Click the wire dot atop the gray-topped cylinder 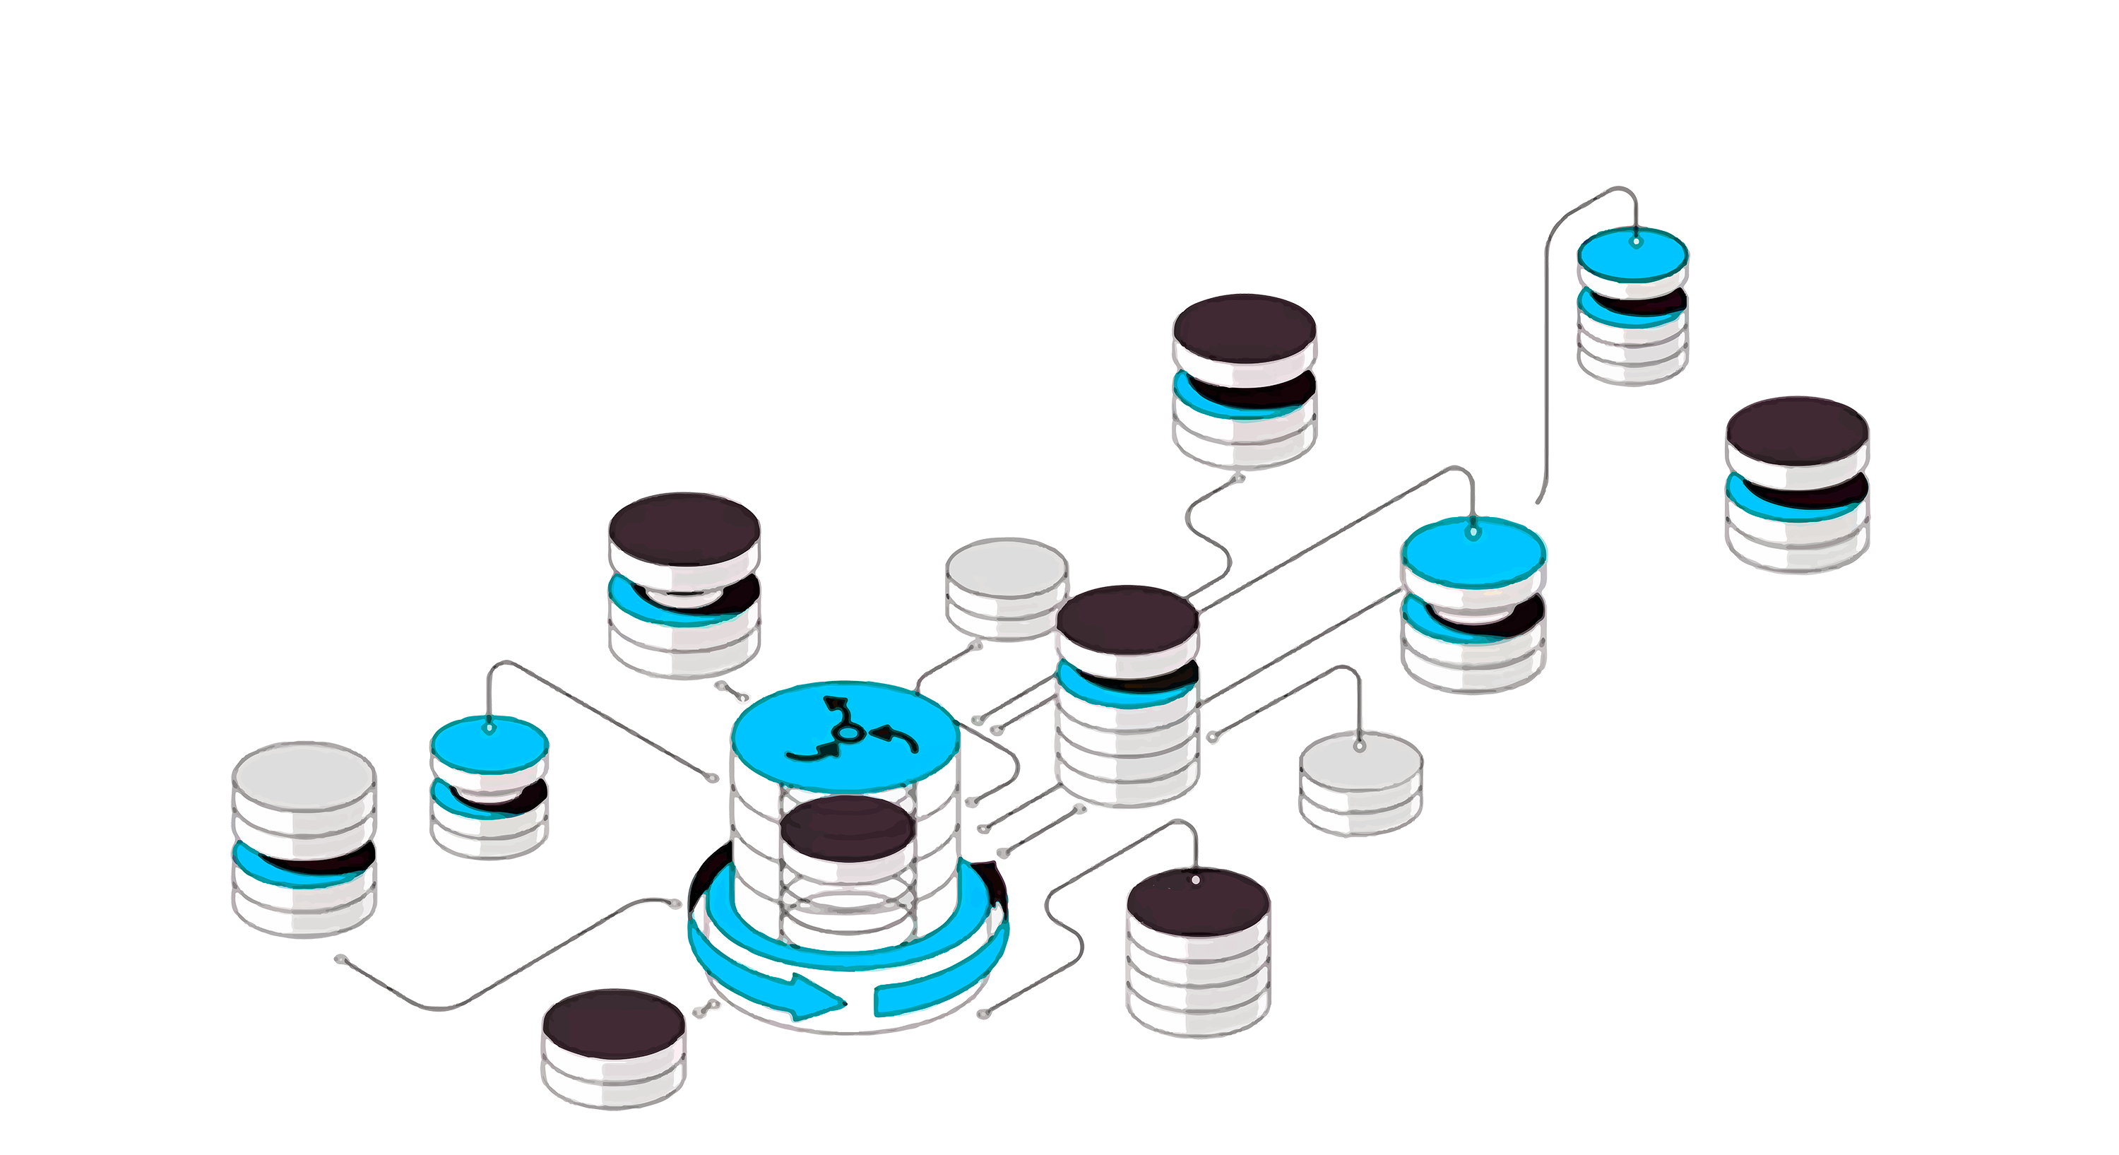(1360, 745)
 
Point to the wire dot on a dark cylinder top (1195, 879)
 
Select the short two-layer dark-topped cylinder (614, 1045)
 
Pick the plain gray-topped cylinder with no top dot (1006, 588)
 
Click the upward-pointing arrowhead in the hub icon (838, 704)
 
